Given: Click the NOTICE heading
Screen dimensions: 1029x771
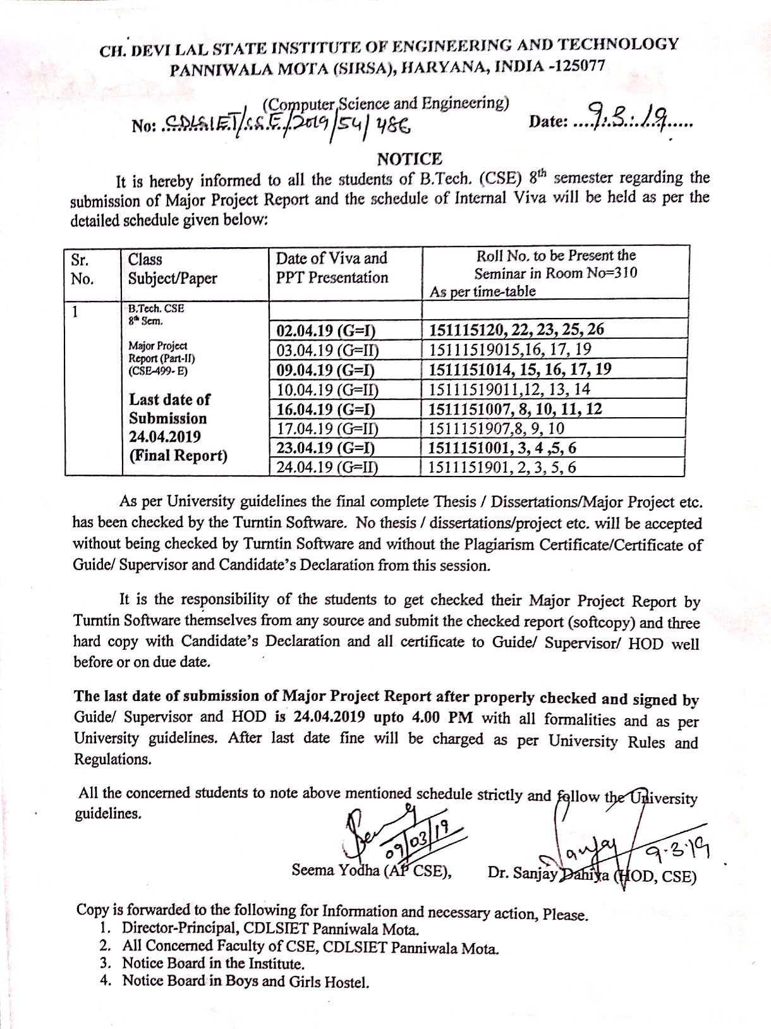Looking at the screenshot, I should (410, 159).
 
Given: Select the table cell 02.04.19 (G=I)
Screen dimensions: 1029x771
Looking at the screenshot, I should (326, 331).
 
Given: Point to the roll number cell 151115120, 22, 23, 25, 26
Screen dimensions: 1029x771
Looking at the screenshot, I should (516, 329).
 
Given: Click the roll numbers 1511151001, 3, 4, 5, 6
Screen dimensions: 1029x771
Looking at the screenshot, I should (502, 448).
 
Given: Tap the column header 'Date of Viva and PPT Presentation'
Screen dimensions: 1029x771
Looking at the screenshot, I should (332, 267).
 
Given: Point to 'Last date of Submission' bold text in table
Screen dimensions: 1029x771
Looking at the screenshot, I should (168, 409).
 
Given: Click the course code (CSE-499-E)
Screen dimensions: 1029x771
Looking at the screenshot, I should (157, 371).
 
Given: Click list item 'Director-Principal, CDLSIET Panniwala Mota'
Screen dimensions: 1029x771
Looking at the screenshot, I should (269, 929).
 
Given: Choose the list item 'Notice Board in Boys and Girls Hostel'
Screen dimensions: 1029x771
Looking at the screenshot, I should (245, 981).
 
